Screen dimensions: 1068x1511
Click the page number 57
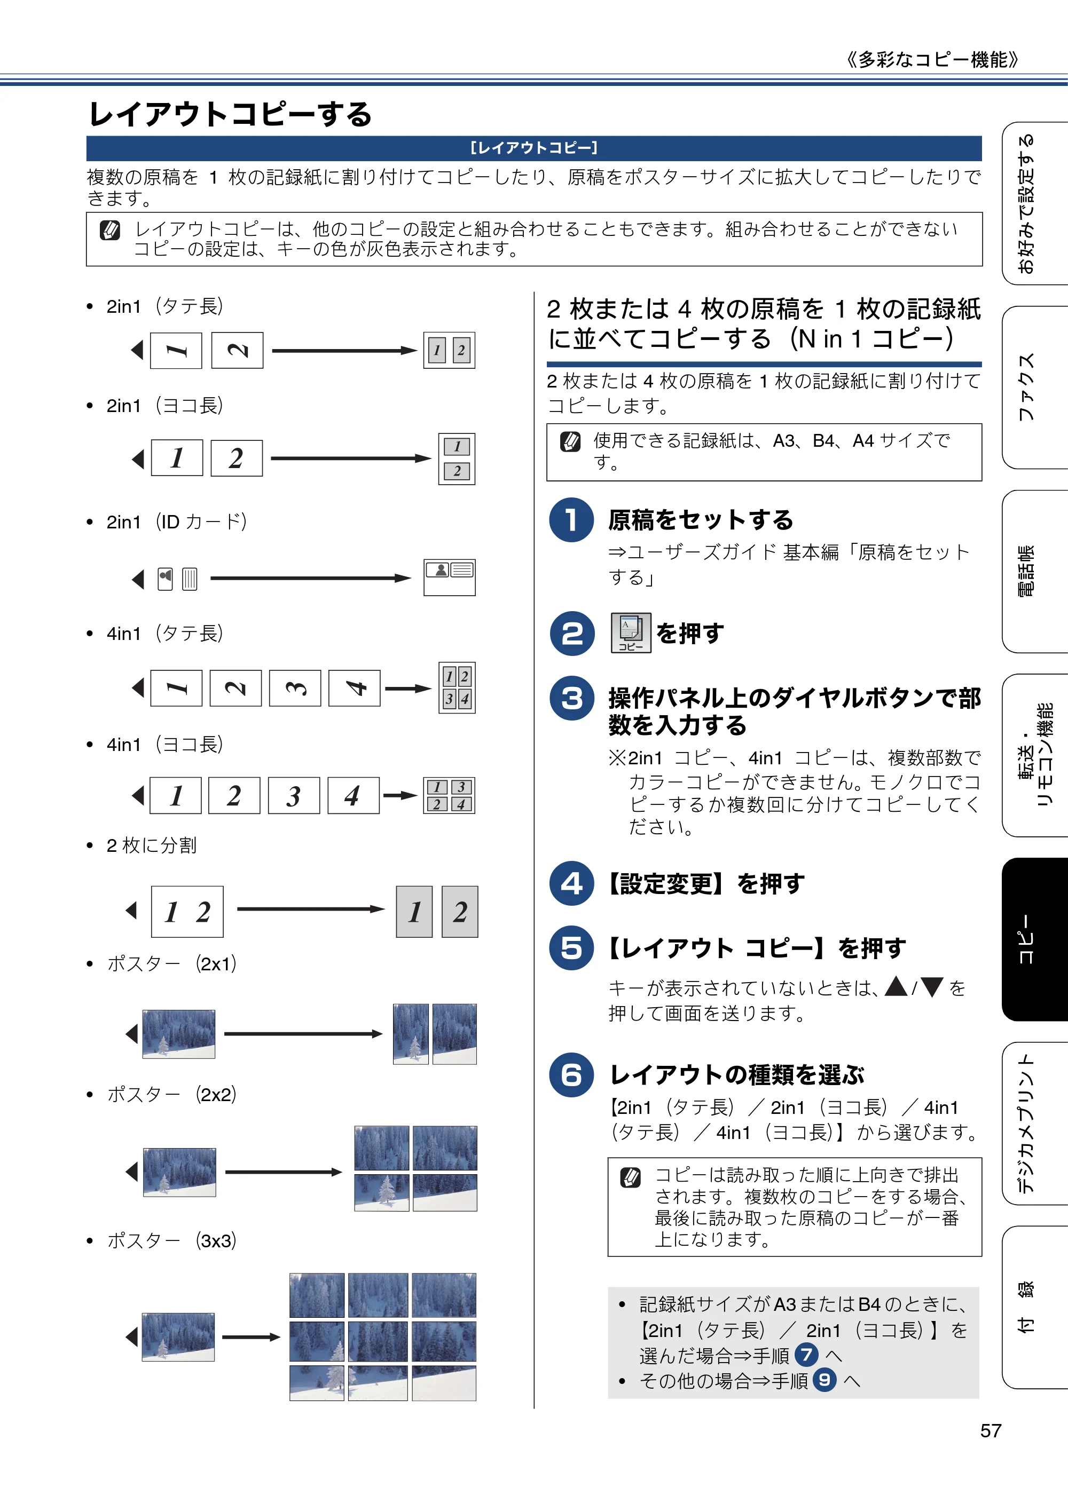pos(991,1431)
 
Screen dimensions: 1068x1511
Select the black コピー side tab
pos(1035,939)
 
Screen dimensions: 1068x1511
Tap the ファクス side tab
pos(1035,387)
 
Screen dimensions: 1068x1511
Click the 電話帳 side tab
pos(1035,571)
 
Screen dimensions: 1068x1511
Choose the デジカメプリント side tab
pos(1035,1124)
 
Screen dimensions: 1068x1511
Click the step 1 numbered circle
pos(571,520)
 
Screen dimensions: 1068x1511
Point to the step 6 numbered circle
pos(571,1075)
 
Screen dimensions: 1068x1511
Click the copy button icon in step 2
pos(631,633)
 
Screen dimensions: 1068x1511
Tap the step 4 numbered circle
pos(571,883)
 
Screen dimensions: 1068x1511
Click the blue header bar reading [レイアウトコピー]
pos(534,148)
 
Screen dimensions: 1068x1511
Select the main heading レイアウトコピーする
pos(231,114)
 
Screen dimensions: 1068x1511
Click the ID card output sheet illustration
pos(450,578)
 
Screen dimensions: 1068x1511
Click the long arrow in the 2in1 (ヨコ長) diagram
pos(351,458)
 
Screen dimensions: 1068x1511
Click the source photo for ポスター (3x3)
pos(178,1337)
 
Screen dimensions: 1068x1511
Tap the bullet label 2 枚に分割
pos(152,845)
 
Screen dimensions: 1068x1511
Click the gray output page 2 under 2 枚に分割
pos(460,912)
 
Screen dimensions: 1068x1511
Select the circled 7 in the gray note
pos(806,1355)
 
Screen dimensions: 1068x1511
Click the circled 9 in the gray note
pos(824,1380)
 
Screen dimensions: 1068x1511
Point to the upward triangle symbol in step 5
pos(896,987)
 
